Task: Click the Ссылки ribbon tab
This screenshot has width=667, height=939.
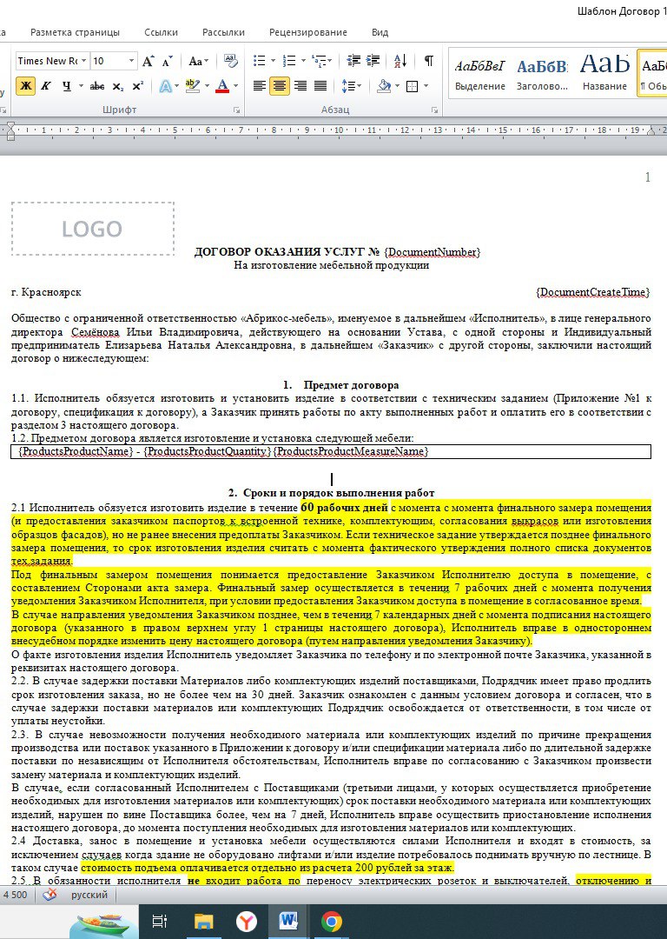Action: click(162, 32)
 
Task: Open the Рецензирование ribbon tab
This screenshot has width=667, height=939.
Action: click(307, 32)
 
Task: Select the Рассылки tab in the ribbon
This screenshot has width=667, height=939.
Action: click(223, 32)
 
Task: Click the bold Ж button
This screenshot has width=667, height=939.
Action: click(25, 86)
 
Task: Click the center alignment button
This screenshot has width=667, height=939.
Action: click(280, 86)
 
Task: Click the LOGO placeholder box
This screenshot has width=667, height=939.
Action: click(92, 230)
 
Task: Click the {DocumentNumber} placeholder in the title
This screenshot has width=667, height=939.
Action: click(432, 252)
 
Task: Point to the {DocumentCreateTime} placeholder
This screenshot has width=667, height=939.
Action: click(593, 292)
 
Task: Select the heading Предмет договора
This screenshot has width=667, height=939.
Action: click(352, 385)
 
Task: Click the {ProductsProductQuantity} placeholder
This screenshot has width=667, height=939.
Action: click(207, 451)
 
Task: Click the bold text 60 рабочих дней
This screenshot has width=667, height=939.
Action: click(345, 506)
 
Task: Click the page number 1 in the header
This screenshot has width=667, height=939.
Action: click(647, 178)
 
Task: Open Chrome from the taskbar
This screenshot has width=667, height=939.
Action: click(331, 921)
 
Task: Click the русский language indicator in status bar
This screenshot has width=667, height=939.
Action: click(89, 895)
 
